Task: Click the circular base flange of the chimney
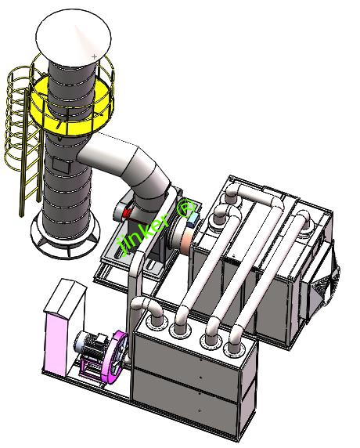66,240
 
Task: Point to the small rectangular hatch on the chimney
61,166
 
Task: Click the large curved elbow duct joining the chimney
131,168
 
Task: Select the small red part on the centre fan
127,212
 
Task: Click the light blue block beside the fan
193,220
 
